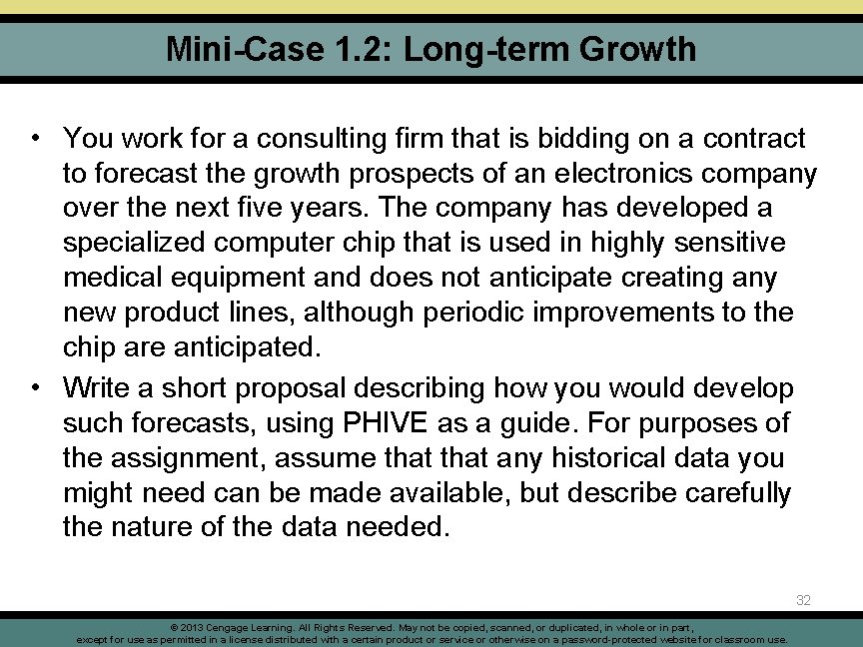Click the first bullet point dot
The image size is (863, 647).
click(35, 137)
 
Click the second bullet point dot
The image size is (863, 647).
click(35, 388)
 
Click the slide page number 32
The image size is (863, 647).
click(804, 600)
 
